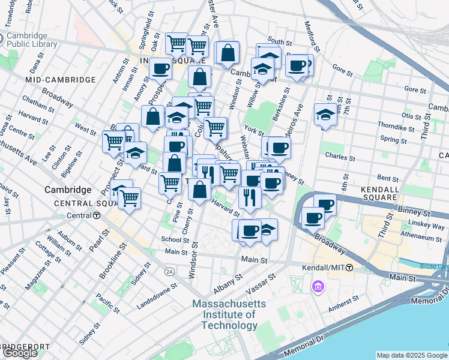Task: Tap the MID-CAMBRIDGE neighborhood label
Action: point(61,80)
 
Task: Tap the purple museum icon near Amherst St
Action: point(316,287)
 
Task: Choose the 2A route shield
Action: point(170,271)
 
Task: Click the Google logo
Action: point(20,352)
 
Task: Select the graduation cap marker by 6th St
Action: point(325,115)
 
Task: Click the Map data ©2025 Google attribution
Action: point(412,355)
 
